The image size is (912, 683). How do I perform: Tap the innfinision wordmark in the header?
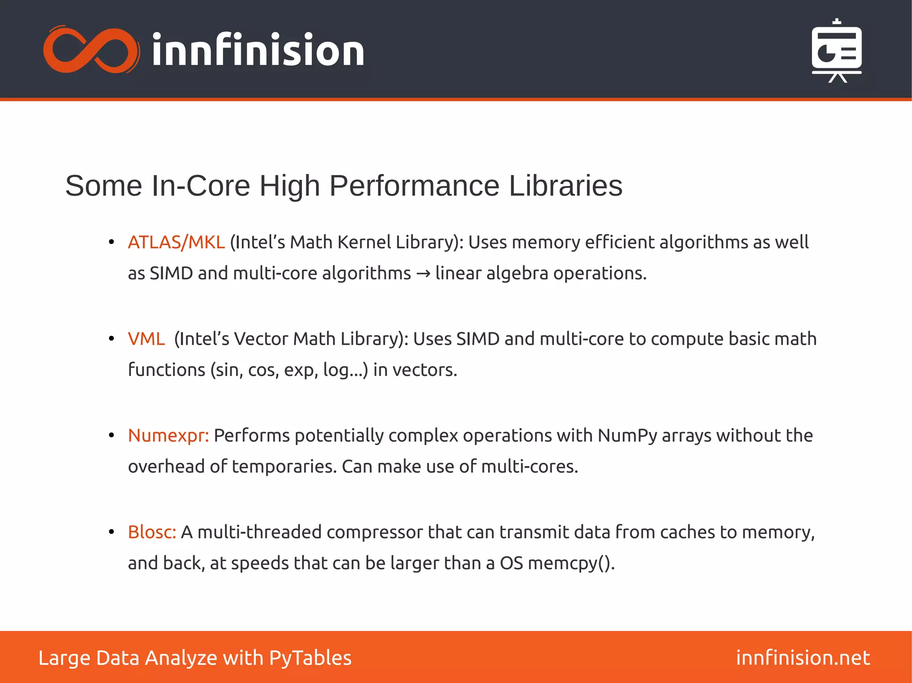pyautogui.click(x=258, y=50)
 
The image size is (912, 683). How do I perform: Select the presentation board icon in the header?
pyautogui.click(x=837, y=51)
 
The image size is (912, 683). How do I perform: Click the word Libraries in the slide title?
pyautogui.click(x=565, y=186)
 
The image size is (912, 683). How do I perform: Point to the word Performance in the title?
pyautogui.click(x=414, y=186)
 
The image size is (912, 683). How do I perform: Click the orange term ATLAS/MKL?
pyautogui.click(x=176, y=242)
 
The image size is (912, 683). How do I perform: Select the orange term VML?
pyautogui.click(x=146, y=339)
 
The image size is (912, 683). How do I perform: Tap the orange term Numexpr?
pyautogui.click(x=168, y=436)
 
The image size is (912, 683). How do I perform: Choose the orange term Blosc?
pyautogui.click(x=152, y=532)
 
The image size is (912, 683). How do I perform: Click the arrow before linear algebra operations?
pyautogui.click(x=423, y=274)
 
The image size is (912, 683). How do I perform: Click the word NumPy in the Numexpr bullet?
pyautogui.click(x=627, y=436)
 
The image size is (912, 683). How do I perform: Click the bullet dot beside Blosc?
pyautogui.click(x=111, y=532)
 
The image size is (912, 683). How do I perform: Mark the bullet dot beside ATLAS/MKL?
pyautogui.click(x=111, y=242)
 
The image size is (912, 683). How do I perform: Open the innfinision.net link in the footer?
pyautogui.click(x=802, y=658)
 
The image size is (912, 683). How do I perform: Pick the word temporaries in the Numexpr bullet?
pyautogui.click(x=284, y=467)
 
